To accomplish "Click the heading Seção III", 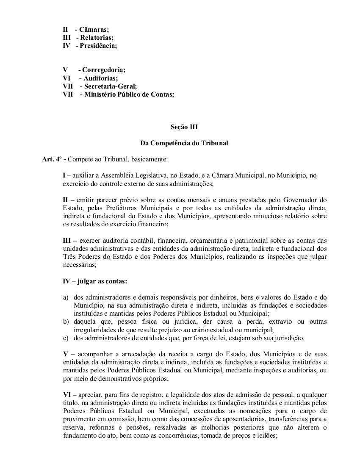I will (x=184, y=127).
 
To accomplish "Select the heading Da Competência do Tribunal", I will (x=184, y=143).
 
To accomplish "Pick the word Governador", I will (x=302, y=200).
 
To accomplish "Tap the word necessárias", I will (x=79, y=265).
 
